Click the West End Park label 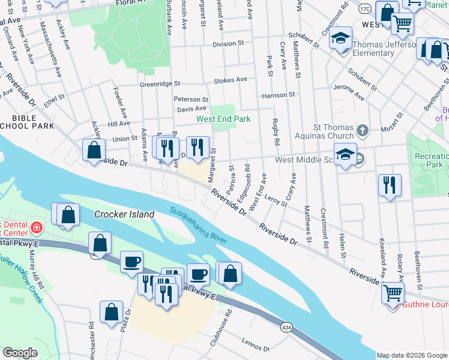(224, 119)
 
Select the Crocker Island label (124, 214)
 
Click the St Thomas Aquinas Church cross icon (362, 130)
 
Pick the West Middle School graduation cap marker (345, 155)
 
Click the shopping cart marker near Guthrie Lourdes (393, 293)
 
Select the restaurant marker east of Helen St (390, 185)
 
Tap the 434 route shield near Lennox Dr (287, 328)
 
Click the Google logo (20, 353)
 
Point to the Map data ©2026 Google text (412, 355)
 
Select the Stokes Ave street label (234, 80)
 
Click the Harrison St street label (278, 95)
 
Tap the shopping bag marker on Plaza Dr (111, 312)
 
